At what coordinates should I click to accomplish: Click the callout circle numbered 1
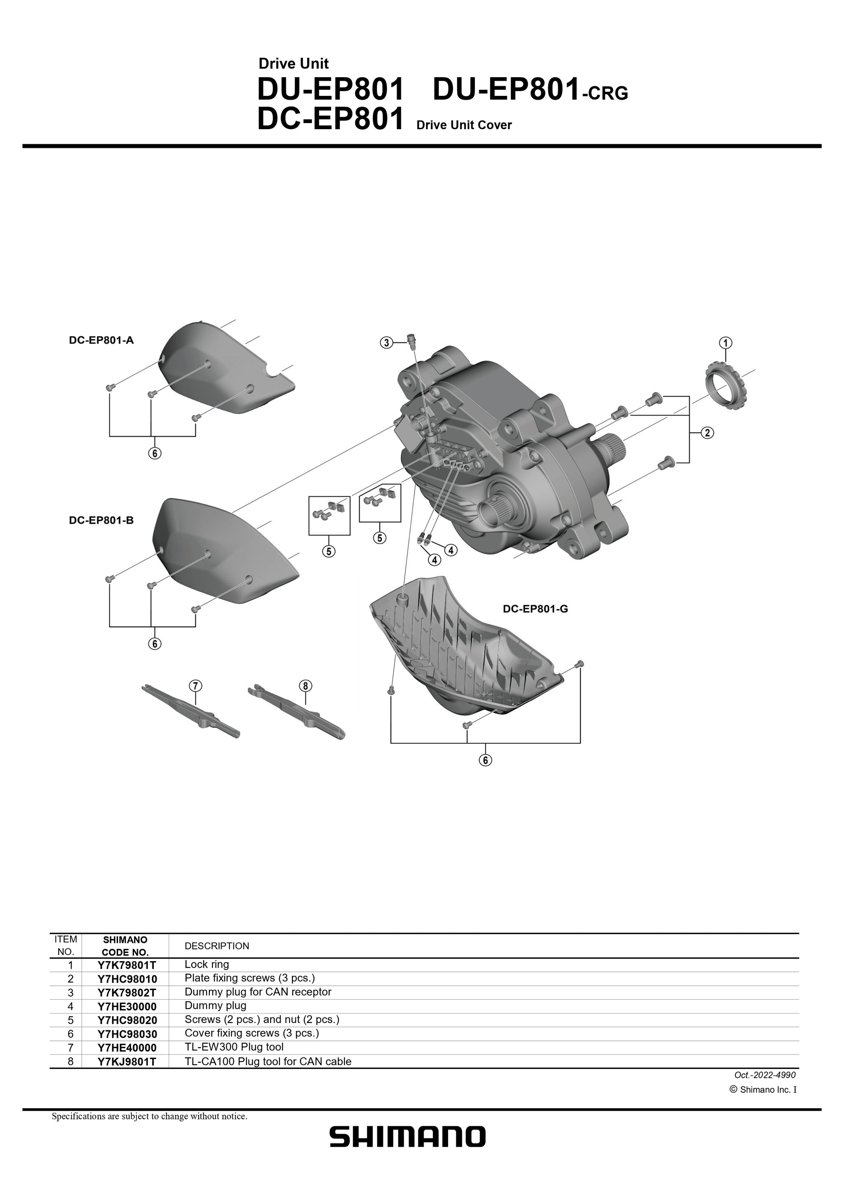(x=726, y=342)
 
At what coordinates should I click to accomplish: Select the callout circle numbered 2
(x=707, y=433)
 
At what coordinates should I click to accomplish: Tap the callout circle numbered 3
(x=386, y=342)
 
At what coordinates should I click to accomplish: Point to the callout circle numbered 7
(x=195, y=685)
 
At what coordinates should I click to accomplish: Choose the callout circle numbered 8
(x=306, y=686)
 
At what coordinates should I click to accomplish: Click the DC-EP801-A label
(x=101, y=340)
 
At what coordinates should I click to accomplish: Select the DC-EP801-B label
(x=101, y=520)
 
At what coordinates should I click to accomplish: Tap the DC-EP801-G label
(x=535, y=609)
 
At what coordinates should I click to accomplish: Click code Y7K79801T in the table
(x=126, y=965)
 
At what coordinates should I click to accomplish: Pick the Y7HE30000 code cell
(x=126, y=1007)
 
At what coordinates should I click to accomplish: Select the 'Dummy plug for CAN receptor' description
(x=258, y=992)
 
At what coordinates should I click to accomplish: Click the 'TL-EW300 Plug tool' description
(x=234, y=1047)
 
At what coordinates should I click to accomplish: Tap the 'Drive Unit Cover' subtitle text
(x=464, y=125)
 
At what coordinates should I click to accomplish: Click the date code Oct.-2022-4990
(x=765, y=1075)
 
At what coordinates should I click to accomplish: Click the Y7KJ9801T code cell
(x=126, y=1062)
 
